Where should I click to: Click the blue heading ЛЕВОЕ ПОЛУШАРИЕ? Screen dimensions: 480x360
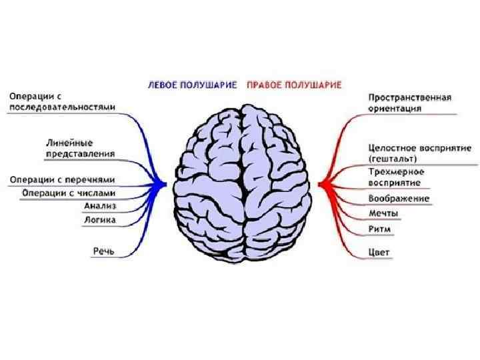click(193, 85)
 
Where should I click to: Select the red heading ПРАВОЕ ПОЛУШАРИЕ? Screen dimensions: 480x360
click(294, 85)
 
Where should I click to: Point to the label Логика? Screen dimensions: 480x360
click(100, 219)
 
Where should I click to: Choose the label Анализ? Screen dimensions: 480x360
click(101, 205)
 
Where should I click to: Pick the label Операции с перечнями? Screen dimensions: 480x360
click(62, 179)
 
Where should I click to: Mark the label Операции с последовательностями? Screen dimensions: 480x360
click(62, 101)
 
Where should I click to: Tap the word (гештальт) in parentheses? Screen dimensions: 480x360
click(393, 159)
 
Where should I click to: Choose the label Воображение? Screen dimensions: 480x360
click(399, 199)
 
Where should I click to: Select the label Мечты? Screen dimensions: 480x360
click(384, 214)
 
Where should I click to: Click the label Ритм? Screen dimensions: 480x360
click(380, 229)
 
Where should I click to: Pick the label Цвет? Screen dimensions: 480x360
click(379, 253)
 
